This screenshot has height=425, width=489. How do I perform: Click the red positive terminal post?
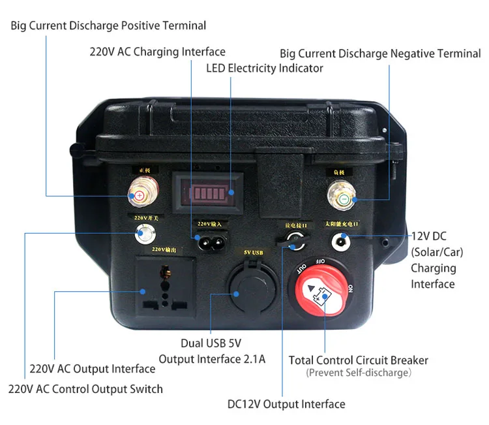pyautogui.click(x=138, y=195)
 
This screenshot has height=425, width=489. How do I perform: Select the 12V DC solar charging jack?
pyautogui.click(x=339, y=242)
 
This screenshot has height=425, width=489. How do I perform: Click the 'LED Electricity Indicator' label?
pyautogui.click(x=265, y=68)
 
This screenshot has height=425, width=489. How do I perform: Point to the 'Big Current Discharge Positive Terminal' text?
pyautogui.click(x=108, y=26)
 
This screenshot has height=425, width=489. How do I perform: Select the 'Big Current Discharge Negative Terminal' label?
pyautogui.click(x=380, y=54)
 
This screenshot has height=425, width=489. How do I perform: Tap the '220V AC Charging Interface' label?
pyautogui.click(x=157, y=52)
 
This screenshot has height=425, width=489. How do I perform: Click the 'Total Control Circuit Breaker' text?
pyautogui.click(x=359, y=360)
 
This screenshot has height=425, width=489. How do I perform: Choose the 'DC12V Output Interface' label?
pyautogui.click(x=286, y=404)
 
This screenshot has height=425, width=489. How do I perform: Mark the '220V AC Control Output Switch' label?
pyautogui.click(x=85, y=389)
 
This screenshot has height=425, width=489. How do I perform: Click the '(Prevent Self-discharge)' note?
pyautogui.click(x=359, y=373)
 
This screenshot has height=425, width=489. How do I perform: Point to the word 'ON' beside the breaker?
pyautogui.click(x=350, y=288)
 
